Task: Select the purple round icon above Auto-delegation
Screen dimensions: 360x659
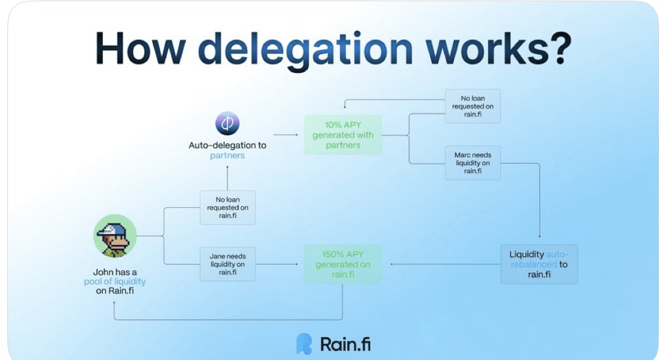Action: [x=227, y=124]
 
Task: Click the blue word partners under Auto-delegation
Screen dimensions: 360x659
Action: [x=227, y=155]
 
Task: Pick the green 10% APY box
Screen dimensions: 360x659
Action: [x=343, y=135]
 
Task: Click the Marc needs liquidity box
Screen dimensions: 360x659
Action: [x=473, y=163]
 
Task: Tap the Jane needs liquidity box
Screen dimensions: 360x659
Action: [x=227, y=264]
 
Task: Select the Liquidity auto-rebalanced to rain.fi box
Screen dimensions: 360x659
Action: [x=538, y=264]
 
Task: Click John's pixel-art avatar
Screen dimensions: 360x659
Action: [x=115, y=236]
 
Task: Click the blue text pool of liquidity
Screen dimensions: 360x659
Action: [x=115, y=281]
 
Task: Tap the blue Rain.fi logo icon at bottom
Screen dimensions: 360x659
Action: [x=303, y=344]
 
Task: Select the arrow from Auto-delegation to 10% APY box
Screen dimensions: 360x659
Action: [x=286, y=135]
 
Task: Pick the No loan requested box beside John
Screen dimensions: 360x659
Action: [x=227, y=207]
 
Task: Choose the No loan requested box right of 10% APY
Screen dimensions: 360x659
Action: [x=473, y=106]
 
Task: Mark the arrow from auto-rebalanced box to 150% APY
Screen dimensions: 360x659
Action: [x=445, y=264]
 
